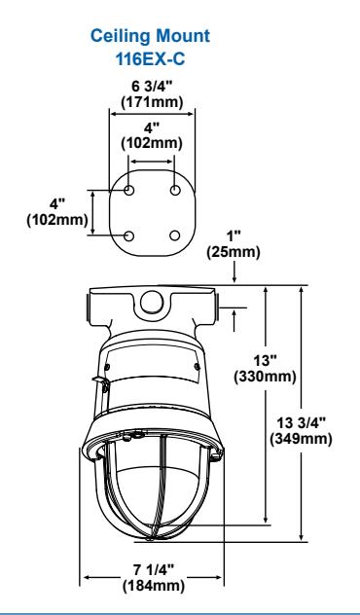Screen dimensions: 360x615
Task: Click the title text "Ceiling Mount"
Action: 150,36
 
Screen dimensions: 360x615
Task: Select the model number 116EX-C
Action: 150,59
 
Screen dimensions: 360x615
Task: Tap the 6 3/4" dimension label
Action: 152,87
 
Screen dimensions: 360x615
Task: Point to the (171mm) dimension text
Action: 152,102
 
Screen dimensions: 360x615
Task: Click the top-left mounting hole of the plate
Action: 129,191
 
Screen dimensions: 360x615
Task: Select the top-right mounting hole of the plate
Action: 175,191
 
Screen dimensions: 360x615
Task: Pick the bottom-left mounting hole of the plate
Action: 129,236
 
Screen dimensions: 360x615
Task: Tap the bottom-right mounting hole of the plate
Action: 175,235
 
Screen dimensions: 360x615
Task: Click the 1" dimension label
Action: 234,236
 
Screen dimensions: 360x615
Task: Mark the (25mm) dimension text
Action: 234,252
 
